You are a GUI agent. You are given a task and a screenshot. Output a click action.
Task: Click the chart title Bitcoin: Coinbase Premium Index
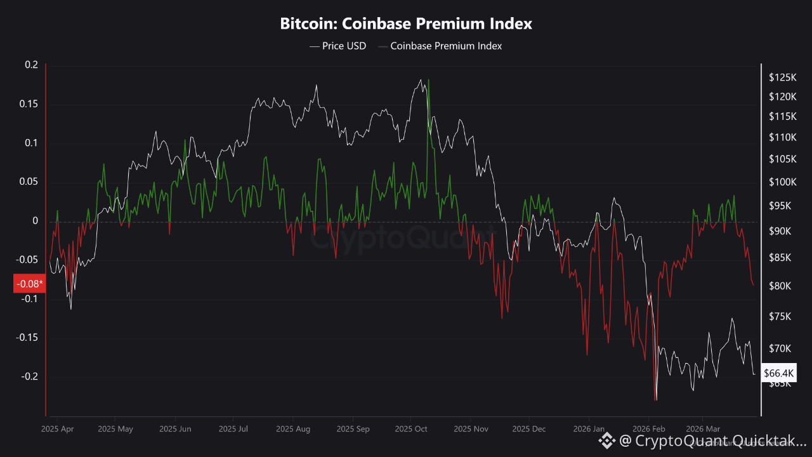tap(406, 24)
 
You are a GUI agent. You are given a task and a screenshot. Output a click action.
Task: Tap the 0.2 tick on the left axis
tap(32, 65)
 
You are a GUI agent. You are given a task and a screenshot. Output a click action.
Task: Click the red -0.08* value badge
tap(29, 283)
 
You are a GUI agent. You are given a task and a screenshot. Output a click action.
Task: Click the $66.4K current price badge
tap(778, 373)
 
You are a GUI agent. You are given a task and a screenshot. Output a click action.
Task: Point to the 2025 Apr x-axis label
tap(57, 429)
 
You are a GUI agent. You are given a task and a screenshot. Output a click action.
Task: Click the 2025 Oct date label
tap(411, 429)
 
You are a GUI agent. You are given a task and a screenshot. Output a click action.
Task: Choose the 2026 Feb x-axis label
tap(648, 429)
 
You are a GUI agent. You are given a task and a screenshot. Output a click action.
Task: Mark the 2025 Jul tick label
tap(233, 429)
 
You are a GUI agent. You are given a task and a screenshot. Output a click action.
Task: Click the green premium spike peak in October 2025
tap(429, 80)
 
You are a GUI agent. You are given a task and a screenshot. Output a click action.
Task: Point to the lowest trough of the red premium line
tap(655, 400)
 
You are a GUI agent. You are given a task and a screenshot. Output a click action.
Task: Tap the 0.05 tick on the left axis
tap(29, 182)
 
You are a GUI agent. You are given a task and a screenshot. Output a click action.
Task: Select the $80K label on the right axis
tap(780, 286)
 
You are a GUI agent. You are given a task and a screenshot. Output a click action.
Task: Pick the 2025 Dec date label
tap(529, 429)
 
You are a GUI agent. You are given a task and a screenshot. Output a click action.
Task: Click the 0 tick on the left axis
tap(36, 221)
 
